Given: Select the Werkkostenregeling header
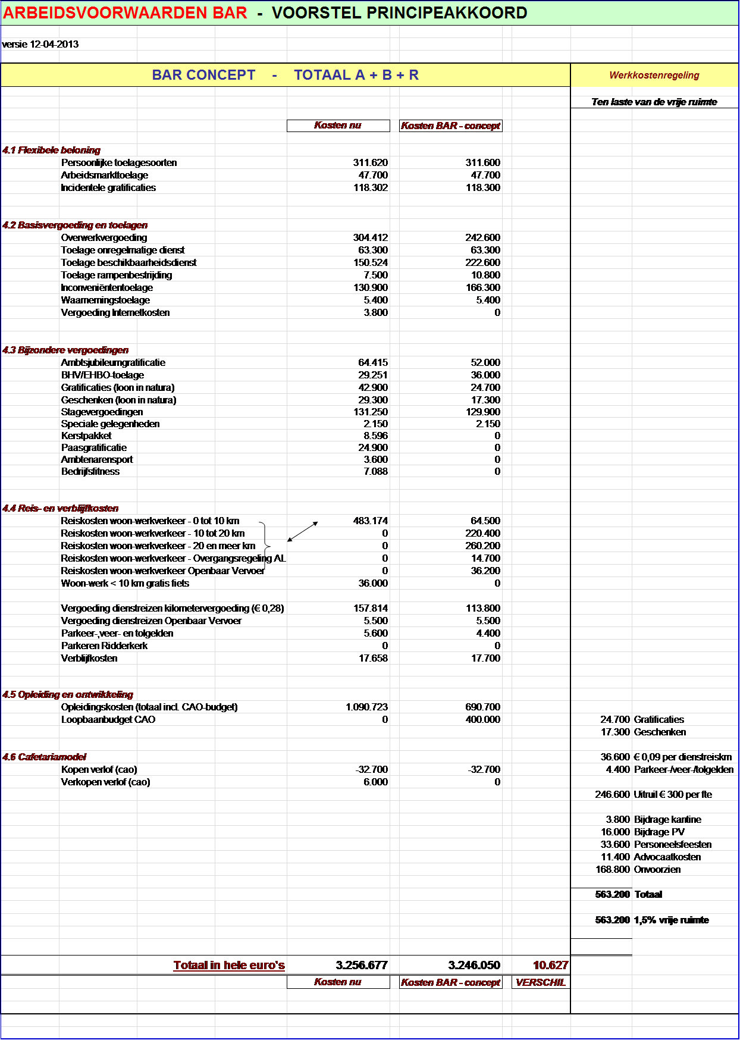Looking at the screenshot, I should [654, 76].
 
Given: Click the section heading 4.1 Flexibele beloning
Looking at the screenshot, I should [51, 151].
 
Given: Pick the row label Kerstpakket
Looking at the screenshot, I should [86, 436].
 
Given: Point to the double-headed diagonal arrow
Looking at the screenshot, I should [303, 531].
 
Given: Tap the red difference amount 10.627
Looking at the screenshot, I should [550, 966].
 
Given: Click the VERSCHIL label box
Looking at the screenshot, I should [540, 983].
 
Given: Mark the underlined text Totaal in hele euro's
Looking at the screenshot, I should [229, 966].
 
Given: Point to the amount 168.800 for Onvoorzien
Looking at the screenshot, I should [613, 870].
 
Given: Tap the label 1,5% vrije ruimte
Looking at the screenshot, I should [671, 920].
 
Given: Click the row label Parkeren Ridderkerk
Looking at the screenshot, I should [104, 646].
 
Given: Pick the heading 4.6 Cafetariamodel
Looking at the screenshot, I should [45, 757].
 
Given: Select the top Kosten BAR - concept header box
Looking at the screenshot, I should [450, 126].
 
